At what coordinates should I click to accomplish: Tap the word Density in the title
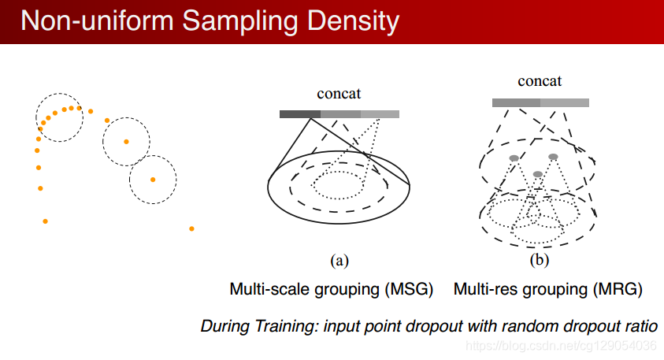(352, 20)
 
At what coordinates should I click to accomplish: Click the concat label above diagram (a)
(339, 94)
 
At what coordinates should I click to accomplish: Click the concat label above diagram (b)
(540, 81)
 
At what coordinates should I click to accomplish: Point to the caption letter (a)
(339, 259)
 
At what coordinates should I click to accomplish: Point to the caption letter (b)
(540, 259)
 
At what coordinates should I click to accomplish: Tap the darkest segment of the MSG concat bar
(295, 114)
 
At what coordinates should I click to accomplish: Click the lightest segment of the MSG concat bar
(380, 114)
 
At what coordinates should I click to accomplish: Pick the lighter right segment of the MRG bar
(565, 102)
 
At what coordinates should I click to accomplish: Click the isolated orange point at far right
(191, 229)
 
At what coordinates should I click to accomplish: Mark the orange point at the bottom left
(45, 221)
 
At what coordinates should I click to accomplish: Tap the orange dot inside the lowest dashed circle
(153, 179)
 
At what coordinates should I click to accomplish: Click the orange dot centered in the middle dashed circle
(126, 142)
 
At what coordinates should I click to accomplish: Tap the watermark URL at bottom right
(561, 346)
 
